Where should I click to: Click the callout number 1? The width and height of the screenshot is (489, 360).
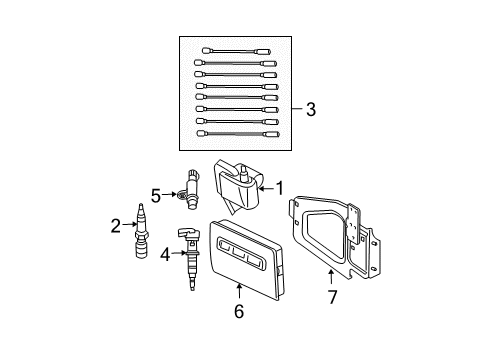[281, 186]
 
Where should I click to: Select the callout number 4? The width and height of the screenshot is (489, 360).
[165, 255]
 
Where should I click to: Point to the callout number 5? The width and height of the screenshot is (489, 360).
[155, 195]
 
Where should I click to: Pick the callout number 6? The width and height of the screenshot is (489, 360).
[238, 311]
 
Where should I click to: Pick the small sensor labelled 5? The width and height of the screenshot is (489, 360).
[191, 189]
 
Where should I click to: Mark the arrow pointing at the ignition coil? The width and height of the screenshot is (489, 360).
[266, 186]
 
